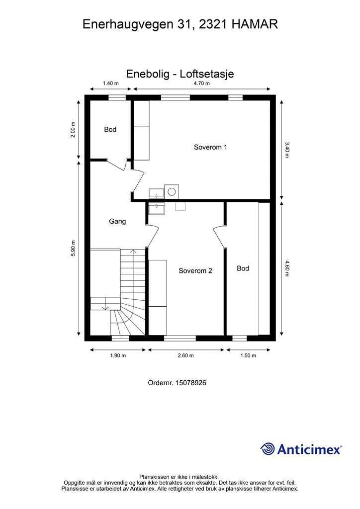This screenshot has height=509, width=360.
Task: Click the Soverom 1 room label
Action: click(x=210, y=147)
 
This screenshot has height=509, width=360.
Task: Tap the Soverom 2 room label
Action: click(x=195, y=271)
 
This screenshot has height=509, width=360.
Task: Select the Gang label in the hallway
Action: click(x=117, y=221)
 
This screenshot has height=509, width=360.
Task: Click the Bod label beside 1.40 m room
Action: click(x=110, y=130)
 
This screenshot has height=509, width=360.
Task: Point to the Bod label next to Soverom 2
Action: click(x=243, y=268)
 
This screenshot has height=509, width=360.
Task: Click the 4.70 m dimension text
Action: click(x=201, y=84)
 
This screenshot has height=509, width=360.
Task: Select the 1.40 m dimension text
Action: click(x=111, y=84)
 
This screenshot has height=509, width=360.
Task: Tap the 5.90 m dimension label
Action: click(x=73, y=249)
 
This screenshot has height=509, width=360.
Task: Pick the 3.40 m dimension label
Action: click(x=286, y=150)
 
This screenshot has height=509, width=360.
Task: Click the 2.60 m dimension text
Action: click(x=185, y=355)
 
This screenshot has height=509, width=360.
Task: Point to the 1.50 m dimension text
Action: click(x=248, y=355)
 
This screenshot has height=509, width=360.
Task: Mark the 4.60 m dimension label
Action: click(x=286, y=268)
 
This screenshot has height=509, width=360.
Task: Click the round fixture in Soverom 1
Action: click(x=172, y=191)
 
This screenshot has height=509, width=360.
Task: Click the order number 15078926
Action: click(x=190, y=383)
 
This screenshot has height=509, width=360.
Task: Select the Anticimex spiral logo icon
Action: click(x=268, y=449)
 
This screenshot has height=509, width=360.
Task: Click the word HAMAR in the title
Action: click(x=255, y=24)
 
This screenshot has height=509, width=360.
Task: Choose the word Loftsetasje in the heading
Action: click(x=207, y=74)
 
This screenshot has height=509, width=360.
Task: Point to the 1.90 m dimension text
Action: click(x=118, y=355)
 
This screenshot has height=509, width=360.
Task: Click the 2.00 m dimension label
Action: click(x=73, y=130)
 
